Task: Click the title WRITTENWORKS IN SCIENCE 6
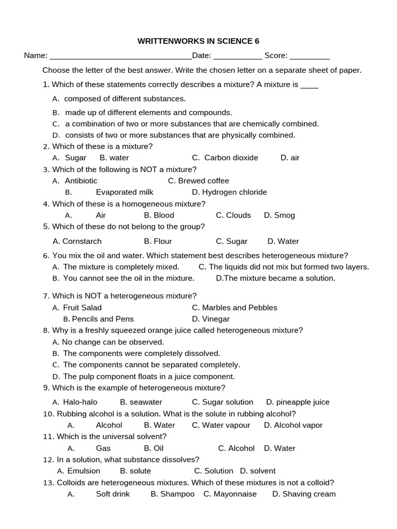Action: (198, 41)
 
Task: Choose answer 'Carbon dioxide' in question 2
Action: (231, 158)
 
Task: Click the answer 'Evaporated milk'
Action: (125, 192)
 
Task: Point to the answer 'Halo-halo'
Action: (80, 402)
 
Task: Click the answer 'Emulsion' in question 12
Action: (84, 471)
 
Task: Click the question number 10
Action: (49, 414)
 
